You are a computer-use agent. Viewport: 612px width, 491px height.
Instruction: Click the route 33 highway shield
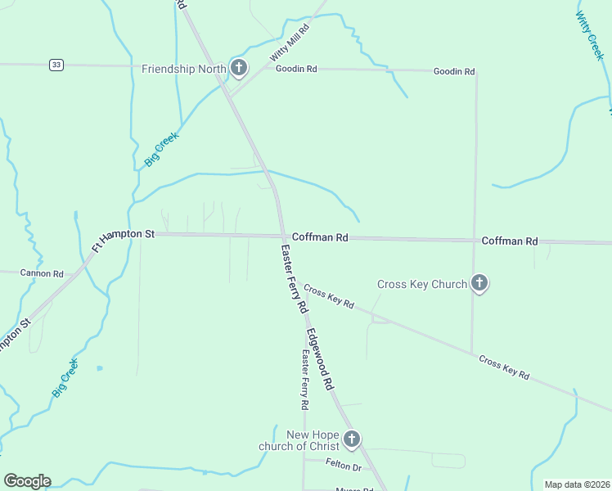pyautogui.click(x=56, y=65)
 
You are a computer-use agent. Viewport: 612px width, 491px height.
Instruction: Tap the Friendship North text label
pyautogui.click(x=183, y=69)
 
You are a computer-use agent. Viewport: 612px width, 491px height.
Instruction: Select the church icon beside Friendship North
pyautogui.click(x=238, y=68)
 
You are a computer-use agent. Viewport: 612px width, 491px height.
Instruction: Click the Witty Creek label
pyautogui.click(x=588, y=36)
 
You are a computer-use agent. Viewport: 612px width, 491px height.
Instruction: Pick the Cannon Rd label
pyautogui.click(x=42, y=273)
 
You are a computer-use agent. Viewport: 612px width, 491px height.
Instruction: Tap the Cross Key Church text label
pyautogui.click(x=421, y=284)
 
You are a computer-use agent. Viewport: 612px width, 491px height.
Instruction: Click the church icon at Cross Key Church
pyautogui.click(x=479, y=284)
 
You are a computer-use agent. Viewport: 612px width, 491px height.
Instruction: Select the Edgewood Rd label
pyautogui.click(x=320, y=358)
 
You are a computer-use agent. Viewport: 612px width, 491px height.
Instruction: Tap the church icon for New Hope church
pyautogui.click(x=351, y=440)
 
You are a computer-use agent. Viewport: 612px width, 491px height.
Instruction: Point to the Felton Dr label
pyautogui.click(x=343, y=466)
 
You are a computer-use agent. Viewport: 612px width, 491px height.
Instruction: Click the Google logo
pyautogui.click(x=27, y=481)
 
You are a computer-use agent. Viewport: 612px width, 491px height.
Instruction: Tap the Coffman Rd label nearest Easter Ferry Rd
pyautogui.click(x=321, y=237)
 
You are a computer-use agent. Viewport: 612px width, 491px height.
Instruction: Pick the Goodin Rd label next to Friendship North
pyautogui.click(x=296, y=69)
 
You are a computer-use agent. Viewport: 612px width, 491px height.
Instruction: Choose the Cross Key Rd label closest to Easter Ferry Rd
pyautogui.click(x=328, y=296)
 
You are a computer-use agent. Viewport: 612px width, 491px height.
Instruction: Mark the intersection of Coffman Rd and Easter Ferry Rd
pyautogui.click(x=284, y=236)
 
